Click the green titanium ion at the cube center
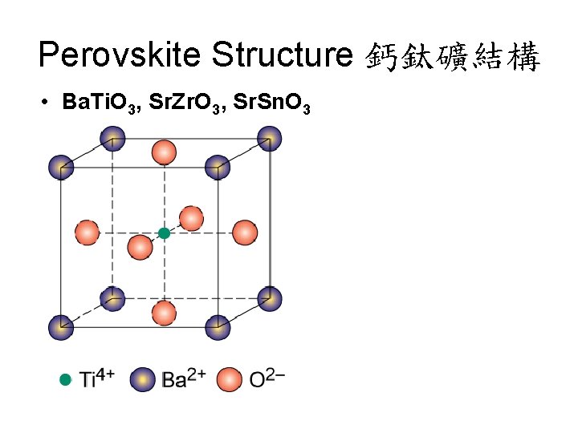click(165, 233)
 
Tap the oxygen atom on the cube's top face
click(164, 152)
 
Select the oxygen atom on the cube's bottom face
click(164, 312)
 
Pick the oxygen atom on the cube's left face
click(87, 233)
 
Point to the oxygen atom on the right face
click(243, 233)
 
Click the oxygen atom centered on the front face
click(140, 247)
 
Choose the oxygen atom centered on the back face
click(191, 218)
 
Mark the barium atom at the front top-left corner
click(61, 168)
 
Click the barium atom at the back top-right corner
click(269, 139)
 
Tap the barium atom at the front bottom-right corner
click(218, 326)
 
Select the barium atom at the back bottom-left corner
click(112, 299)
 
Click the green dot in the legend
click(65, 378)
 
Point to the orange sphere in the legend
click(230, 379)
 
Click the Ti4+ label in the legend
click(97, 378)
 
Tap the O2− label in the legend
click(267, 378)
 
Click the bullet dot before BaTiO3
click(48, 102)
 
